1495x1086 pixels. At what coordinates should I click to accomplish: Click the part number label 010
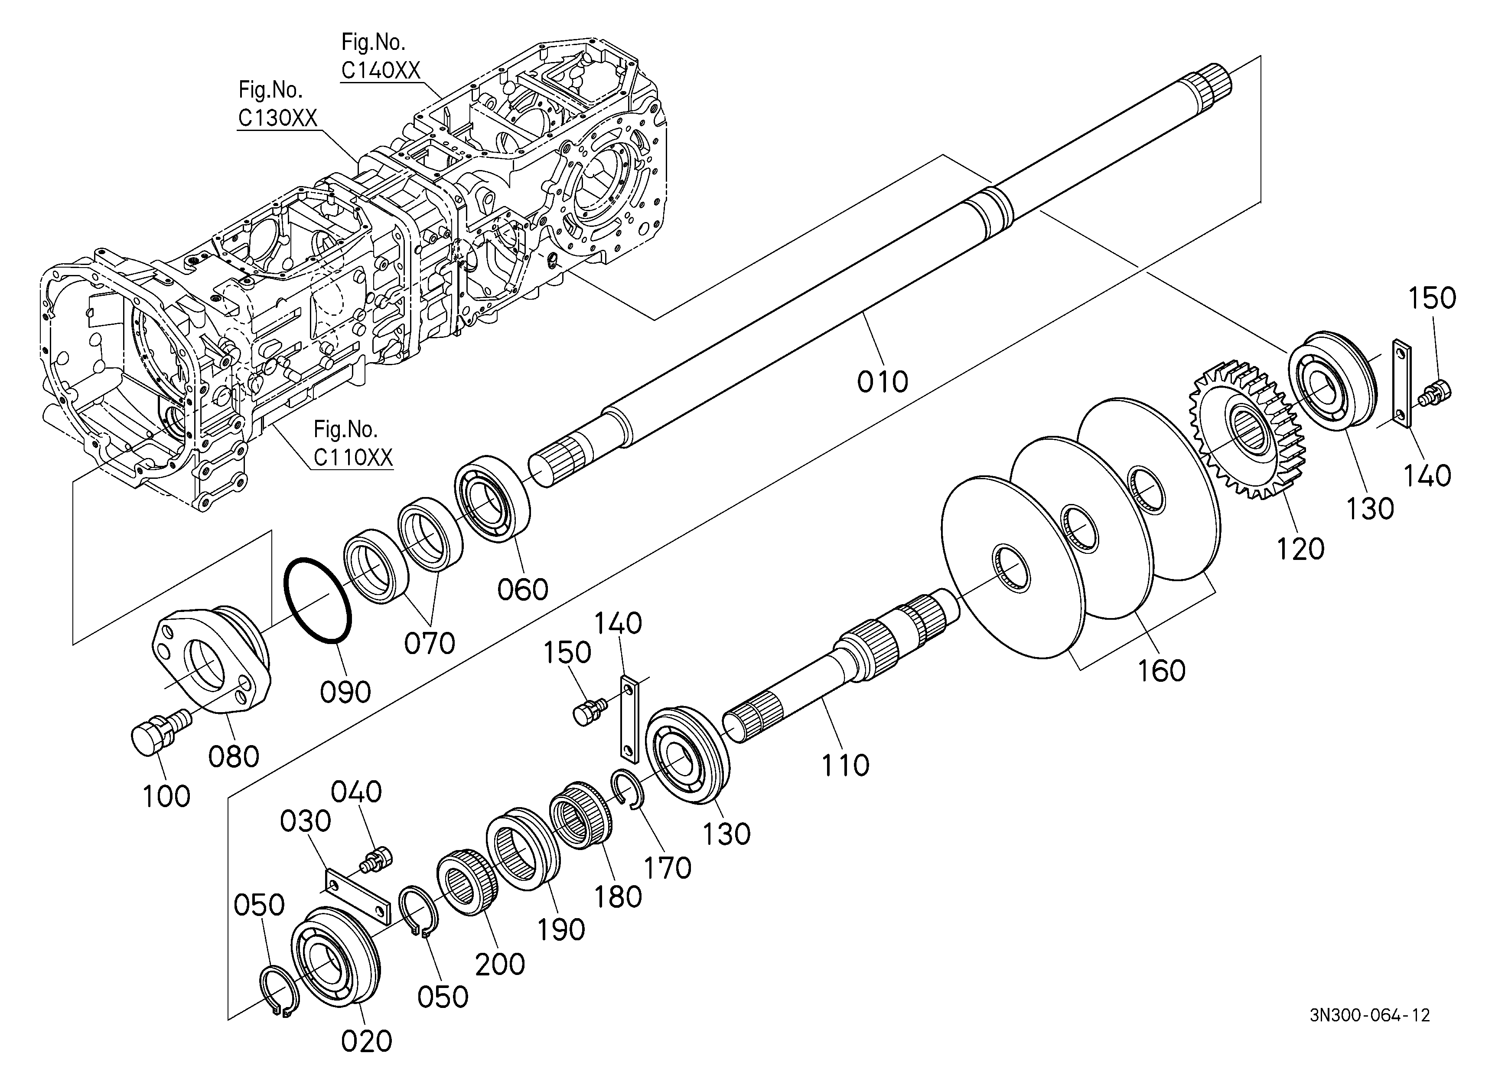882,381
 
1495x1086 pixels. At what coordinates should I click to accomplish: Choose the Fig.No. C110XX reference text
353,443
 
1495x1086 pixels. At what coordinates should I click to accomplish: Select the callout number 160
1162,671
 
